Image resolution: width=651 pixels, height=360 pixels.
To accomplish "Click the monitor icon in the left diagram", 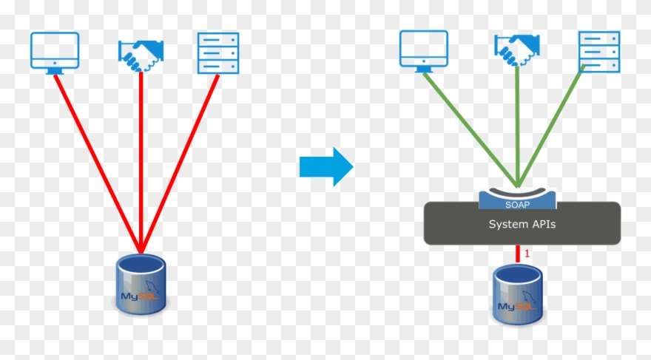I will pos(54,52).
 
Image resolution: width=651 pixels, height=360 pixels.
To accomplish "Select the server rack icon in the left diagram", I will pos(218,53).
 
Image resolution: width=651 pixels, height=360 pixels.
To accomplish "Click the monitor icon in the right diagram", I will pos(424,50).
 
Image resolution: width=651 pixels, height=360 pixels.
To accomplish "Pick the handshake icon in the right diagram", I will pos(516,51).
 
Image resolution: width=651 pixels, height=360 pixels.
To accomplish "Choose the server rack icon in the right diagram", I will pos(598,51).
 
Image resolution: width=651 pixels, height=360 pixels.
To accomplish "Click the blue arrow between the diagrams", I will pos(326,166).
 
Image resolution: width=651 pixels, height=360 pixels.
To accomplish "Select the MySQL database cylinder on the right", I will pos(517,295).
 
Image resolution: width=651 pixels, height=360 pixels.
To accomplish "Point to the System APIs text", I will pos(522,223).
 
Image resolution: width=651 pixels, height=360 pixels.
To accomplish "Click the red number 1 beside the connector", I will pos(527,254).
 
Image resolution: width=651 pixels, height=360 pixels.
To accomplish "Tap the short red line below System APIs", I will pos(517,254).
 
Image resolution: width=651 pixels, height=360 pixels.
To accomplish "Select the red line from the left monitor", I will pos(96,163).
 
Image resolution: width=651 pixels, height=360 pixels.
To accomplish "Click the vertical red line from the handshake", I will pos(141,163).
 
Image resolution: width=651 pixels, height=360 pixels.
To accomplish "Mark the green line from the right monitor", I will pos(470,126).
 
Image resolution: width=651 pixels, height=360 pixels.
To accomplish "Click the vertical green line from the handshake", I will pos(517,126).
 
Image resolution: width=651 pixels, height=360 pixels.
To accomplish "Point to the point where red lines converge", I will pos(141,249).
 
